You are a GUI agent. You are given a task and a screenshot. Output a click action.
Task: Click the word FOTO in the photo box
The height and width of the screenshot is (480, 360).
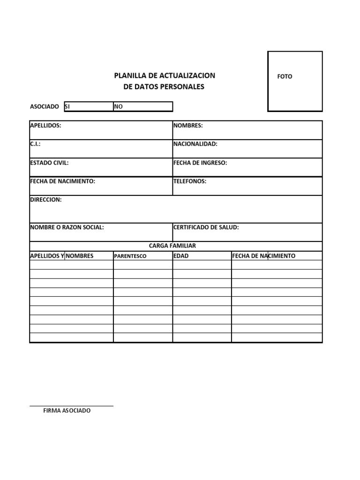(285, 76)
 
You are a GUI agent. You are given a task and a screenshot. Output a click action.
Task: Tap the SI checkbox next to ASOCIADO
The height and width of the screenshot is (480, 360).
(88, 107)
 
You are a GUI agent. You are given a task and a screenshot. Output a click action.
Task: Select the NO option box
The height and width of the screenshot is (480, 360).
(143, 107)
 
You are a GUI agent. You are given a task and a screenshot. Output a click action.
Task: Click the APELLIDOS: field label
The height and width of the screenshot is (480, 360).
(45, 126)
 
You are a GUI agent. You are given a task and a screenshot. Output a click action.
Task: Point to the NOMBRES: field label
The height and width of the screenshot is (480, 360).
(188, 126)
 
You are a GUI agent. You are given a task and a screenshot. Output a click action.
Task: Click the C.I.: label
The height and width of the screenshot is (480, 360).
(35, 144)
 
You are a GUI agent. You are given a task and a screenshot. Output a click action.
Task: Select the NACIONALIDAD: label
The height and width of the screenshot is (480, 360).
(195, 144)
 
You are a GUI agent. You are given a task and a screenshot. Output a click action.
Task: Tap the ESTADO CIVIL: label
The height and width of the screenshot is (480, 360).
(49, 163)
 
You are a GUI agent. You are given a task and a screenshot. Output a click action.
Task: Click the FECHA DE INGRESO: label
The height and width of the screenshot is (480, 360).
(200, 163)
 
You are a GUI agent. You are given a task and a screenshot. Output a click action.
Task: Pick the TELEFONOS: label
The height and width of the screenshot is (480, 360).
(190, 181)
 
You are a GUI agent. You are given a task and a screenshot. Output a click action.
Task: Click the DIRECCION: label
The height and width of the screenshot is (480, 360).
(45, 200)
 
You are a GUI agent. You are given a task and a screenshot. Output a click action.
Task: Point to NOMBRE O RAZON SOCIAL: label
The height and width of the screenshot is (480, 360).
(67, 227)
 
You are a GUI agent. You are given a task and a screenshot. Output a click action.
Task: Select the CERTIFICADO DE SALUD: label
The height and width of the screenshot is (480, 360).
(206, 227)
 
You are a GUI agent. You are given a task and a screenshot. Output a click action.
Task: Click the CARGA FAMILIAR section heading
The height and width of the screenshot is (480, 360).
(172, 246)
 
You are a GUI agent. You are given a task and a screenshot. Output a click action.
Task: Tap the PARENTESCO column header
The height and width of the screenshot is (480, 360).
(130, 256)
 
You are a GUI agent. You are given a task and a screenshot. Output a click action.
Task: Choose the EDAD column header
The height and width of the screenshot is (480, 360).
(181, 256)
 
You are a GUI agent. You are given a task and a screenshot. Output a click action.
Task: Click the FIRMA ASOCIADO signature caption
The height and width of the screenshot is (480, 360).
(67, 411)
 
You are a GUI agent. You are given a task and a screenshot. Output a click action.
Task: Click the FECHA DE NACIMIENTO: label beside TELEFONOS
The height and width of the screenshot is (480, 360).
(63, 181)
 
